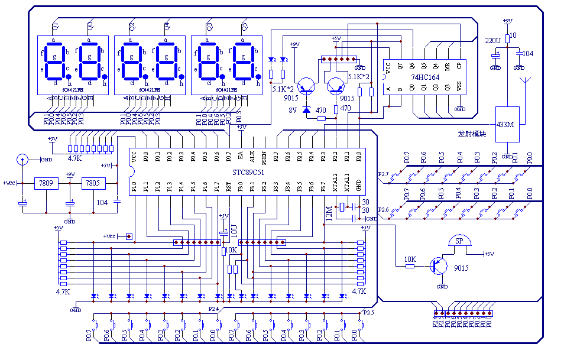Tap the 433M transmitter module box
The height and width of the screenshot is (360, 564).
point(507,124)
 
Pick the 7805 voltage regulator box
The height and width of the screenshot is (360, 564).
point(93,183)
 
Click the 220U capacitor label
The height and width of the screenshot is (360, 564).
point(492,40)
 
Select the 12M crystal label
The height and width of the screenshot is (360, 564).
point(329,212)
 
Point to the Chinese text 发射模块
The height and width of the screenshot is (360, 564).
point(472,134)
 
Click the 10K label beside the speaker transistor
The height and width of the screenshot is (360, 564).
point(410,259)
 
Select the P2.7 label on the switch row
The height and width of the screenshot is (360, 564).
point(383,174)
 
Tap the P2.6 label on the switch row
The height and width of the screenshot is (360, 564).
point(383,210)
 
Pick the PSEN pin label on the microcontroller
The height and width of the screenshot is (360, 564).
point(264,157)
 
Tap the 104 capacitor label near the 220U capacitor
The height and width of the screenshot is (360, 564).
point(527,54)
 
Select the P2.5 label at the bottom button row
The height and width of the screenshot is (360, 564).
point(368,312)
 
